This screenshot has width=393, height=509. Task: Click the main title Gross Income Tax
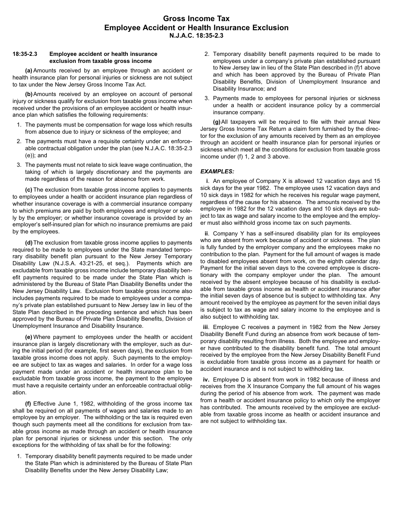click(x=196, y=19)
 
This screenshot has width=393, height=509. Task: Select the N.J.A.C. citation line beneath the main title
click(x=196, y=36)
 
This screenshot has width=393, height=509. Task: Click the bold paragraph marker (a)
click(x=29, y=71)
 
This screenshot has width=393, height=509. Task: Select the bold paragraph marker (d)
click(x=29, y=242)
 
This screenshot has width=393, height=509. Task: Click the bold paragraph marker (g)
click(x=217, y=122)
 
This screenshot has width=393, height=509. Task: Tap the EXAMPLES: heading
click(x=217, y=171)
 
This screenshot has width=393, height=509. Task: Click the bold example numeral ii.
click(x=206, y=233)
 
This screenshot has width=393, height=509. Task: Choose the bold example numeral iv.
click(x=206, y=379)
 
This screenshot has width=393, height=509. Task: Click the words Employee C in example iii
click(x=228, y=327)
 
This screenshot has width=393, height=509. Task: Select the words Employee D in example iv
click(x=228, y=379)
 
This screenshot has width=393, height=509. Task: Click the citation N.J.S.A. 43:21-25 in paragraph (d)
click(x=72, y=264)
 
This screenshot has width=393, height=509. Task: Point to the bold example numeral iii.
click(x=206, y=327)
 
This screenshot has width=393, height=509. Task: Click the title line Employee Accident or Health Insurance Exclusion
click(x=196, y=28)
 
